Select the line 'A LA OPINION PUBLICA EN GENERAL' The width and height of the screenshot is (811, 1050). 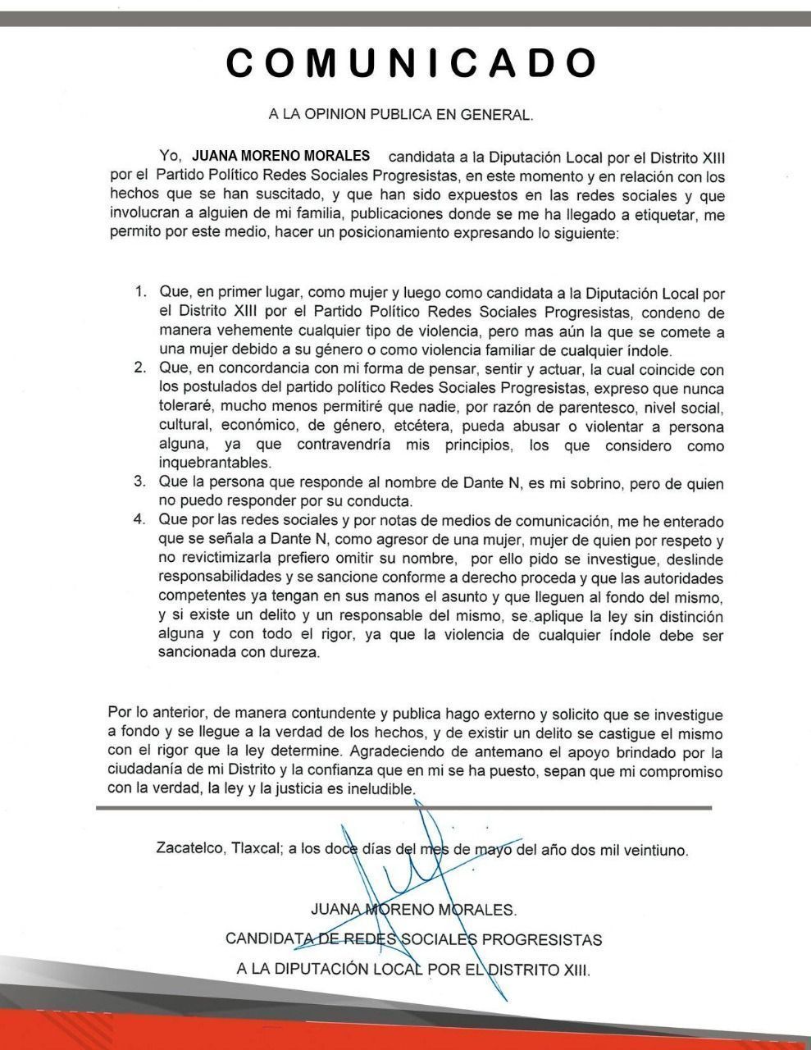pyautogui.click(x=401, y=116)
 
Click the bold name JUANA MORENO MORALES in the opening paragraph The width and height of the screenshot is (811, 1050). pyautogui.click(x=280, y=156)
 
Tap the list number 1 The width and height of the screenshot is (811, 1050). pyautogui.click(x=141, y=293)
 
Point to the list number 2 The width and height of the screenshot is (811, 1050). pyautogui.click(x=141, y=367)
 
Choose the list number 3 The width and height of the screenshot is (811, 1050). pyautogui.click(x=141, y=482)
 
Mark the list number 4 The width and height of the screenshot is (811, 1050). pyautogui.click(x=141, y=520)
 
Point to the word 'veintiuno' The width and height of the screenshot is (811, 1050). pyautogui.click(x=656, y=851)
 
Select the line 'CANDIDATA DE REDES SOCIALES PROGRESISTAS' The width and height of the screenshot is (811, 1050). pyautogui.click(x=413, y=939)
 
